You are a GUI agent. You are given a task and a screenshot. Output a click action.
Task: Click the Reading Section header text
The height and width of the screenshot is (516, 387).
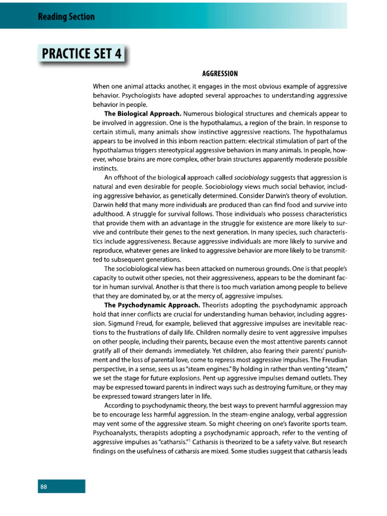point(66,17)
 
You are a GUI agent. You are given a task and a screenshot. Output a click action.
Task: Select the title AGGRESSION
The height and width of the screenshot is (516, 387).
point(220,74)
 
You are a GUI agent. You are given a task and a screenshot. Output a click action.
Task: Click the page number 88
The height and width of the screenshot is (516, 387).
point(44,487)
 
